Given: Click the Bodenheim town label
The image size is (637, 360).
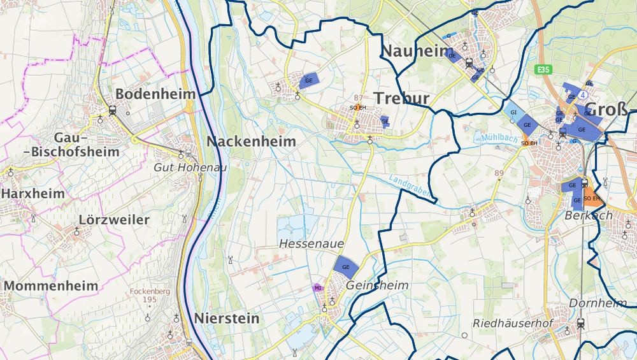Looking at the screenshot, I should click(x=155, y=94).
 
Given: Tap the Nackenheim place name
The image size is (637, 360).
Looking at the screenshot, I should click(x=251, y=141).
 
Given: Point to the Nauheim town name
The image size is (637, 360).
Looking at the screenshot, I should click(x=412, y=51).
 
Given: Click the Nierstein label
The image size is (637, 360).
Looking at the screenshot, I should click(x=227, y=318).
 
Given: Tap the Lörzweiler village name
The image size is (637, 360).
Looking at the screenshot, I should click(x=114, y=220).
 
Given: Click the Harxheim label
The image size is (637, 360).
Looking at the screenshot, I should click(x=32, y=192).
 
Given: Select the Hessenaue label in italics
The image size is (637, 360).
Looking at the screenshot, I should click(x=311, y=244).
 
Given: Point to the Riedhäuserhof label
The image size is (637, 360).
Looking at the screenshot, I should click(x=512, y=323).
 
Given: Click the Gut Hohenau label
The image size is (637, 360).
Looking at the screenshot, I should click(x=182, y=167).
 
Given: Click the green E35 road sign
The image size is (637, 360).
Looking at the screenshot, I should click(x=543, y=69).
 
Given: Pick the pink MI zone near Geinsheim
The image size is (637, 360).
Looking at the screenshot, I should click(x=317, y=287).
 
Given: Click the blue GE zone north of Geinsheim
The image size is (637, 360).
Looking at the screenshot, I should click(x=346, y=266).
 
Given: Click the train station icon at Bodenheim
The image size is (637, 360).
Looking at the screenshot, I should click(x=112, y=109).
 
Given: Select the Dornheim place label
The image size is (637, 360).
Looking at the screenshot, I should click(x=598, y=303).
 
